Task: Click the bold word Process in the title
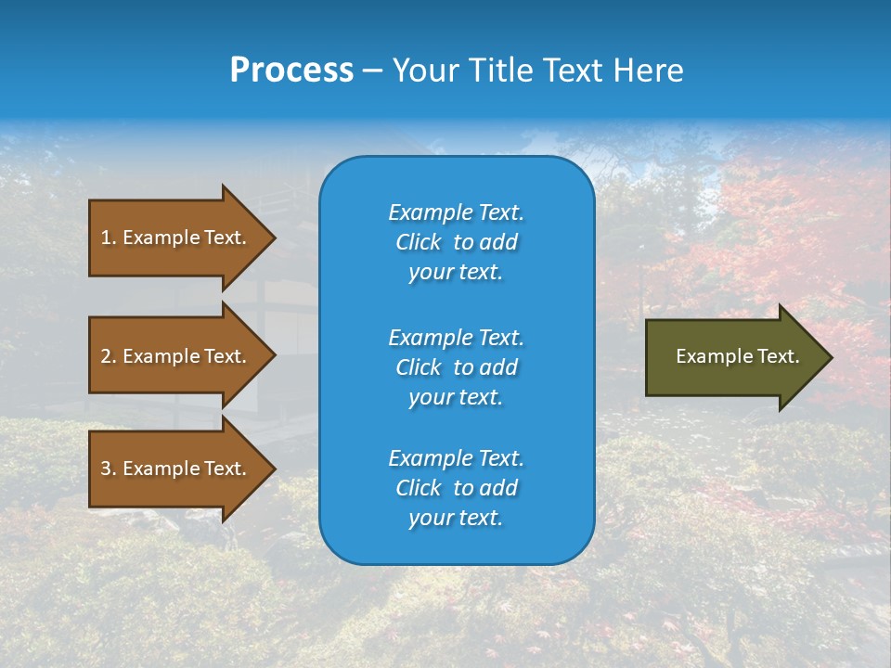point(291,70)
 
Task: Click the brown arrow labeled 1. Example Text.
point(174,238)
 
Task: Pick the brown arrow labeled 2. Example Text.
point(174,356)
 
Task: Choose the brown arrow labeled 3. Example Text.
point(174,469)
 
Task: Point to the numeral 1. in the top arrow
point(108,238)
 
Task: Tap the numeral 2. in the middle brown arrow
point(108,356)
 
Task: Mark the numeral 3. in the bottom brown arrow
point(108,469)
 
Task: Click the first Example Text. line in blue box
point(456,212)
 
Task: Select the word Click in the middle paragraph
point(418,367)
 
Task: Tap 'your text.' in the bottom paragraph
point(456,518)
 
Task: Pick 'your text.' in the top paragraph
point(456,272)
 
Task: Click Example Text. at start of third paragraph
point(456,458)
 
